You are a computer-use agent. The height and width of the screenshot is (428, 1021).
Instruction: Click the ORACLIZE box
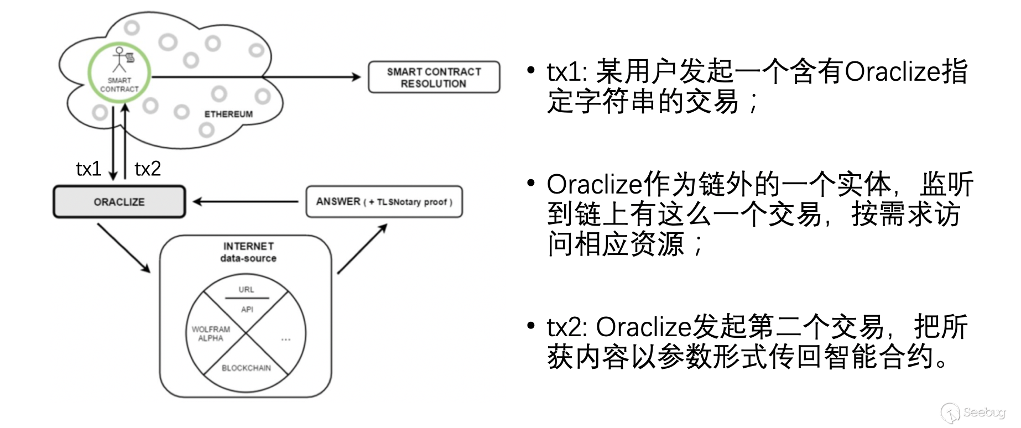point(119,202)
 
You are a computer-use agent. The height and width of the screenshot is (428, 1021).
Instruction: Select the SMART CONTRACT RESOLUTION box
point(434,77)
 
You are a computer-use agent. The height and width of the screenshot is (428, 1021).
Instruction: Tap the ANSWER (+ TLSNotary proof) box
point(384,202)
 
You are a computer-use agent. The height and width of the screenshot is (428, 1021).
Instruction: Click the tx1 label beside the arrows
point(88,169)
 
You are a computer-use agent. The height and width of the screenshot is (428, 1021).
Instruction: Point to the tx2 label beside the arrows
point(148,169)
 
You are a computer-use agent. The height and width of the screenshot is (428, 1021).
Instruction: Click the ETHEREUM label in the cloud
point(228,114)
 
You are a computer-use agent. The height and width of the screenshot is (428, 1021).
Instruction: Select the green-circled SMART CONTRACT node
point(119,72)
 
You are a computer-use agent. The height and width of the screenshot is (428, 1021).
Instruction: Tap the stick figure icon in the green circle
point(119,59)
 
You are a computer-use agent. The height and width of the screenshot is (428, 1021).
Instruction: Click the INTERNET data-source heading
point(248,252)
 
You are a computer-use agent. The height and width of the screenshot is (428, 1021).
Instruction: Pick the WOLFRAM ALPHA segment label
point(211,333)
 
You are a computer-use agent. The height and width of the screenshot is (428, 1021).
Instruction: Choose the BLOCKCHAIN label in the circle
point(246,368)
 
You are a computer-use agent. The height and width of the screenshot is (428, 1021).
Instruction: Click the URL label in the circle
point(246,290)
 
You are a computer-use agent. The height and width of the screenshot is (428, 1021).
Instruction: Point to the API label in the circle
point(247,310)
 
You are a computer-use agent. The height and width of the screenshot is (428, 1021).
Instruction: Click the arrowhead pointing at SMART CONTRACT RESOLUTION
point(356,77)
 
